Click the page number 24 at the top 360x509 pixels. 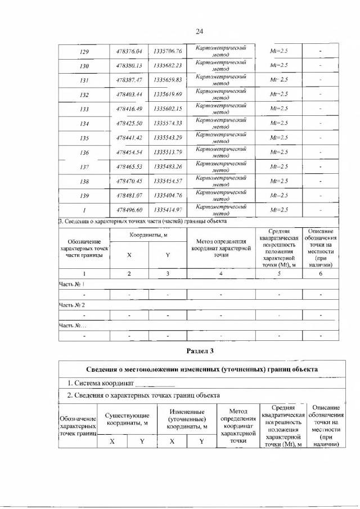point(199,31)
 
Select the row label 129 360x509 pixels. point(84,52)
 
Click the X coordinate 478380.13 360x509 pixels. point(129,66)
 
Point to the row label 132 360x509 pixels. point(84,95)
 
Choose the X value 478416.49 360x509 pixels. point(129,109)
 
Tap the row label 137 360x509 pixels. point(84,166)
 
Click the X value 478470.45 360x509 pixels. point(129,181)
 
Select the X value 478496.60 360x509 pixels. point(129,210)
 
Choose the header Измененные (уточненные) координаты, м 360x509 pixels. point(186,419)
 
